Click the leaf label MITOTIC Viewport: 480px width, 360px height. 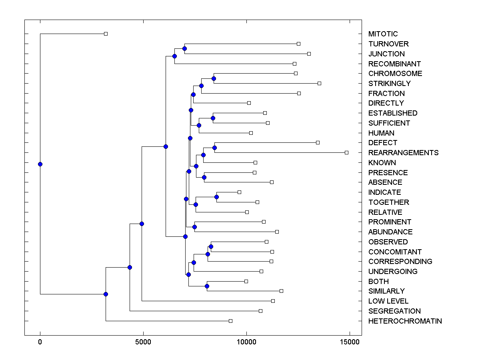click(383, 34)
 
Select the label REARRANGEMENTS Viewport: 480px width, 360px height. click(403, 152)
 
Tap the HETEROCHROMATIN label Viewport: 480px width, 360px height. click(405, 321)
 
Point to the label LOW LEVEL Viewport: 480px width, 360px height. click(388, 301)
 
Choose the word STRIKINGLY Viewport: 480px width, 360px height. click(389, 83)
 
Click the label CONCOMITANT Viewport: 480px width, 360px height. click(395, 252)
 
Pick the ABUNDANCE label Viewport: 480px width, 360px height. click(390, 232)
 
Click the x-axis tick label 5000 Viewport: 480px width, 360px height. click(143, 342)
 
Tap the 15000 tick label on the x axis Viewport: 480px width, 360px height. click(349, 342)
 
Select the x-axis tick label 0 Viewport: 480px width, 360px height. click(40, 342)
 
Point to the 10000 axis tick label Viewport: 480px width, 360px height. click(246, 342)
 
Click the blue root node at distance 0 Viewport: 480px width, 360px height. click(40, 164)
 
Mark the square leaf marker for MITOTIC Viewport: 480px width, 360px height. click(106, 34)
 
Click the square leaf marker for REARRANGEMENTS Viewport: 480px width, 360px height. click(346, 152)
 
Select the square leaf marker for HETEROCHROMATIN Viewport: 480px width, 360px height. click(230, 321)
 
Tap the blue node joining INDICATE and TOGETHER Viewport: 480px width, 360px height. click(216, 197)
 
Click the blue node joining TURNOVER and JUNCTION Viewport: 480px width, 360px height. click(184, 48)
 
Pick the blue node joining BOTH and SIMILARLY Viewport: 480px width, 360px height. click(207, 286)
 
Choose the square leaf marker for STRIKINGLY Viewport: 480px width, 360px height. click(319, 83)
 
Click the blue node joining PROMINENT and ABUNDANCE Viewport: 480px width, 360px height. click(194, 227)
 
